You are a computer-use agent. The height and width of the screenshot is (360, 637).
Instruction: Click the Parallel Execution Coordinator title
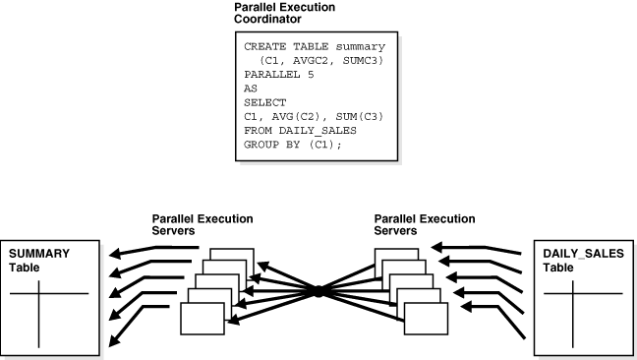coord(285,13)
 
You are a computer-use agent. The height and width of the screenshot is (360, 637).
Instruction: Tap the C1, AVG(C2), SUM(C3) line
coord(314,116)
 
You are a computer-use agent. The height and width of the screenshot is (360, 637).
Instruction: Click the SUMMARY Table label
coord(39,260)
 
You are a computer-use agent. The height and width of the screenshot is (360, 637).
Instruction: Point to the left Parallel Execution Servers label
coord(203,224)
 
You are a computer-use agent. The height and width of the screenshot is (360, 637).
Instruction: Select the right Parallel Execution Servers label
coord(425,224)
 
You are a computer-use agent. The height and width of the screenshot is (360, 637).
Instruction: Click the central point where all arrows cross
coord(318,291)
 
